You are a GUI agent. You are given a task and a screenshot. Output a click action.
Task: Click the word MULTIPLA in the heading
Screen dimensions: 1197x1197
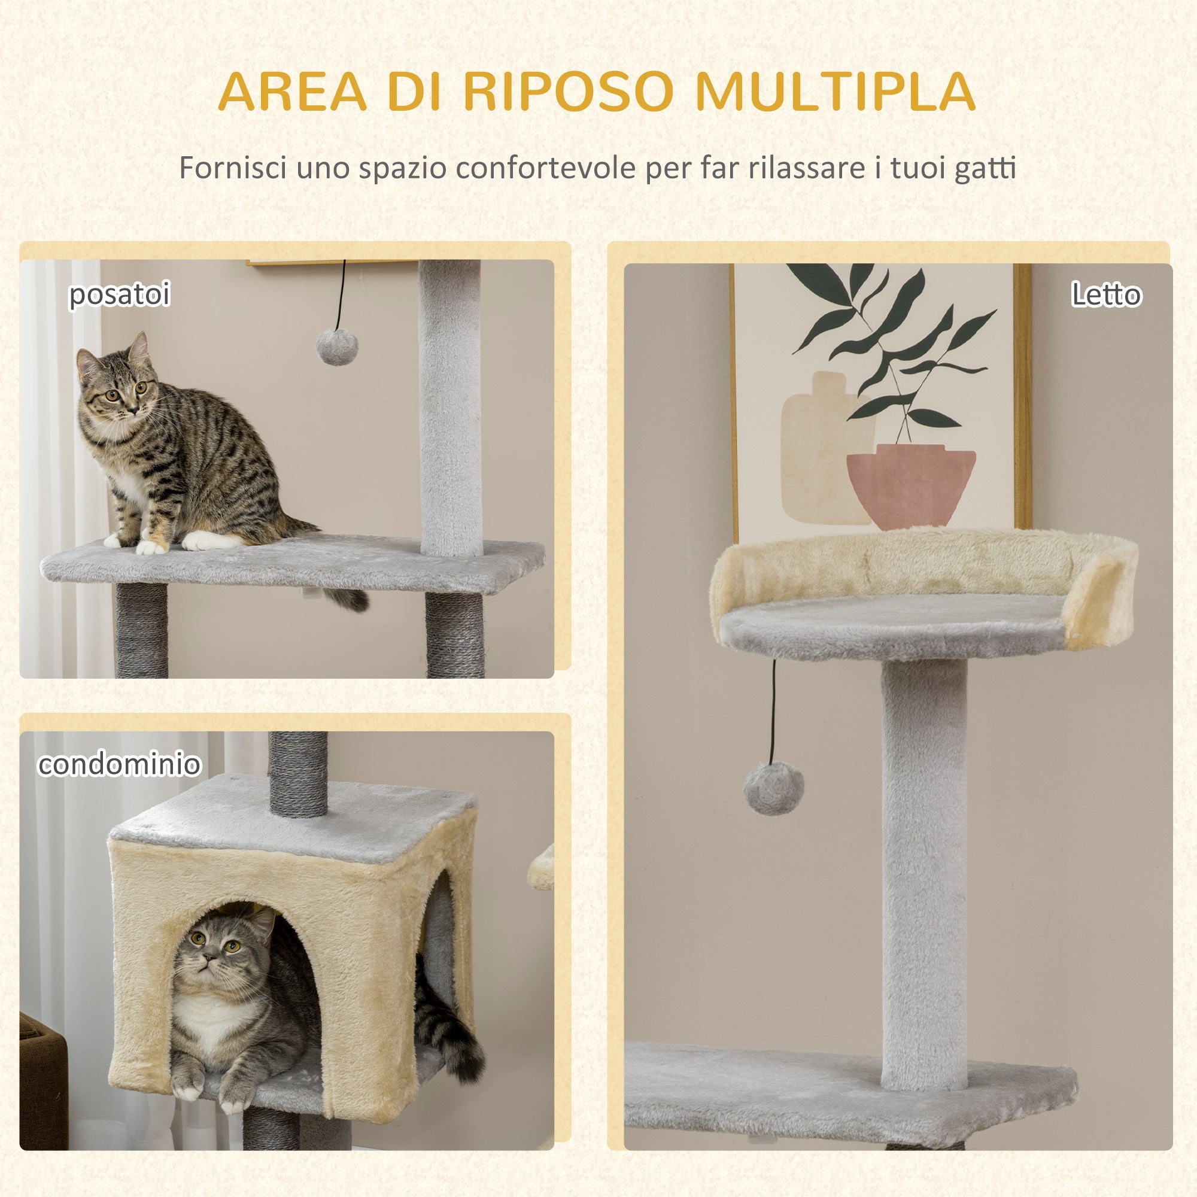pos(834,92)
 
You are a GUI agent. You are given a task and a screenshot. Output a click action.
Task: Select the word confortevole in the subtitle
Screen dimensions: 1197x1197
pos(545,168)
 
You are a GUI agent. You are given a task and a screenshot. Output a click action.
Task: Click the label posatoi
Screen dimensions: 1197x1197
pos(119,294)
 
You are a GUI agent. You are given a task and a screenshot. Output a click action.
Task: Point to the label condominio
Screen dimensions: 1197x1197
pos(119,764)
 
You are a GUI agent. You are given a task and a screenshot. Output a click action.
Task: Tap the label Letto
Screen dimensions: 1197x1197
pos(1106,294)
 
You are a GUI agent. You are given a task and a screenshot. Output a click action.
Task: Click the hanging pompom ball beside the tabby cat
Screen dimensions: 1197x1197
pos(338,347)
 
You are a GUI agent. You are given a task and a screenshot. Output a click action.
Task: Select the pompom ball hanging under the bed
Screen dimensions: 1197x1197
pos(774,789)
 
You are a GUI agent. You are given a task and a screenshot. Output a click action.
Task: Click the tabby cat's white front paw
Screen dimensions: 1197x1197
pos(151,546)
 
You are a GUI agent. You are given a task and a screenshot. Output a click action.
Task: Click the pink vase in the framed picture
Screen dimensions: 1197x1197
pos(911,487)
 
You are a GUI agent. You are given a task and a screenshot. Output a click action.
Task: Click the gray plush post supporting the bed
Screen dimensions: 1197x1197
pos(923,867)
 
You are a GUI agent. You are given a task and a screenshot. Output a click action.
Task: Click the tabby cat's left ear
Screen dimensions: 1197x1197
pos(140,348)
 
